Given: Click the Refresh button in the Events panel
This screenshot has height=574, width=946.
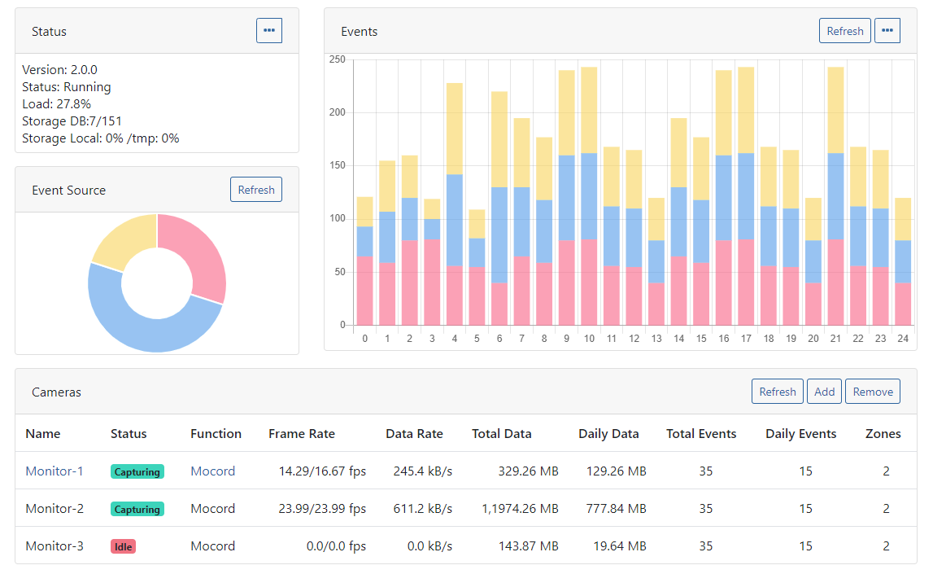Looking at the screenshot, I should (x=844, y=31).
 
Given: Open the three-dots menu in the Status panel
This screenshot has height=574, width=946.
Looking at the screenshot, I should (x=269, y=31).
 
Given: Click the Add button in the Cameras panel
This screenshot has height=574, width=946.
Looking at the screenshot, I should (x=824, y=392).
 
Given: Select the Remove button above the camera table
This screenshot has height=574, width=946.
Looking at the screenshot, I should (x=873, y=392).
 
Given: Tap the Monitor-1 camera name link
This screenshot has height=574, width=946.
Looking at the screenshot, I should (x=54, y=471).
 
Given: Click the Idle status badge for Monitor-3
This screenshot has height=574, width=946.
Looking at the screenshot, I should (x=123, y=546).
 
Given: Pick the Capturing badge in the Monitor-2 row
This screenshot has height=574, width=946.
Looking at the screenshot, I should (x=137, y=509).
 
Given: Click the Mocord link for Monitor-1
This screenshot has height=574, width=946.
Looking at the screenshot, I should (x=212, y=471).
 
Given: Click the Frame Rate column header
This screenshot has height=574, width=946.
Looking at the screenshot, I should (x=301, y=434).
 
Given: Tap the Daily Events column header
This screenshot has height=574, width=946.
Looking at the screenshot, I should (x=800, y=434).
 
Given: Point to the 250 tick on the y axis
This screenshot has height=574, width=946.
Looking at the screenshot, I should (x=337, y=59).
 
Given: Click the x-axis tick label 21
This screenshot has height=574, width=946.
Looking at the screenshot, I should (x=835, y=339).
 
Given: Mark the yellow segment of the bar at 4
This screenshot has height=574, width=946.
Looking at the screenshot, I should (x=455, y=129).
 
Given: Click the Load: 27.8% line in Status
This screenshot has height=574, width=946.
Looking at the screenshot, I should (x=57, y=104).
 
